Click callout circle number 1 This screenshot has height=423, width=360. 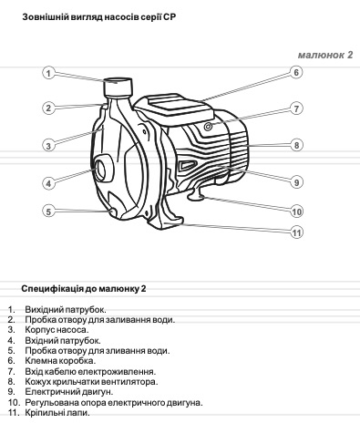[48, 73]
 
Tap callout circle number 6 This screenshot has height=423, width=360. [296, 72]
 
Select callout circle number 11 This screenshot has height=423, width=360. [296, 232]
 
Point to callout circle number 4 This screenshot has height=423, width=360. [48, 183]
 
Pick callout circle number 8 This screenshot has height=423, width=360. [296, 145]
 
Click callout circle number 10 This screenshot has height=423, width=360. [296, 211]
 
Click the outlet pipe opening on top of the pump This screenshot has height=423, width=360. [118, 81]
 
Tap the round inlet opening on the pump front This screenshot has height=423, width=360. [100, 169]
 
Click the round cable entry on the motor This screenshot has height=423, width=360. [208, 126]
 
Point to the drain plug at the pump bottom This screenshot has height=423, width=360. [113, 212]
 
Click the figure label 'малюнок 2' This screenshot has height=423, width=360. [325, 55]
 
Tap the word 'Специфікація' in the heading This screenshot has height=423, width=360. [52, 288]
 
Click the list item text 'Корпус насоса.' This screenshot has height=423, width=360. [57, 330]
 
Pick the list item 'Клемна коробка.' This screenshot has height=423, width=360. [60, 361]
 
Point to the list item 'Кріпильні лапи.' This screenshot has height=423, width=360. [57, 413]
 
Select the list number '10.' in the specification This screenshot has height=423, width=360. [15, 403]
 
